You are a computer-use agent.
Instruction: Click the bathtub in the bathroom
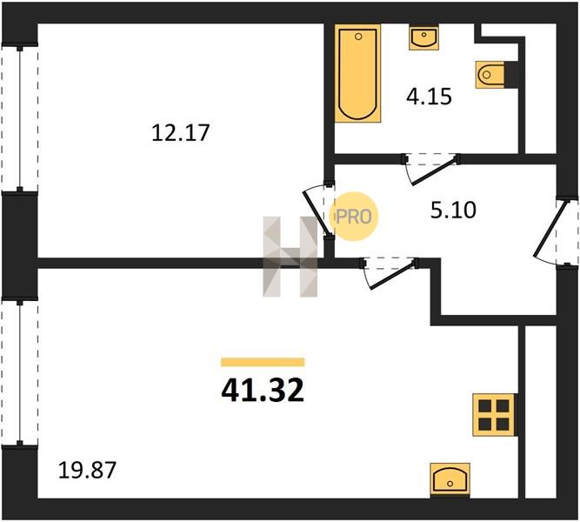coord(357,73)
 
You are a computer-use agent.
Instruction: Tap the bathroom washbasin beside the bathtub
coord(423,37)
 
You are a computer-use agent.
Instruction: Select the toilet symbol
coord(490,75)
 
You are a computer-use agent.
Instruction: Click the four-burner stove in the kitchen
coord(494,415)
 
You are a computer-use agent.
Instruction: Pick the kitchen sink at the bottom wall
coord(450,479)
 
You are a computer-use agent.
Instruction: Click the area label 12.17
coord(181,133)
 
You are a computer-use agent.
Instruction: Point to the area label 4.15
coord(429,97)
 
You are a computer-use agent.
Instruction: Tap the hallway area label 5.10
coord(453,210)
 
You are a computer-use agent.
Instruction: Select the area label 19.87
coord(87,470)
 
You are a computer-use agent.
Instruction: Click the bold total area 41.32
coord(263,391)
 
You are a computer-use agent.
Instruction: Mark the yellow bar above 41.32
coord(263,362)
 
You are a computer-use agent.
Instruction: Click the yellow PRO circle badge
coord(354,217)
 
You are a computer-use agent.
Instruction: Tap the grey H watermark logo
coord(290,257)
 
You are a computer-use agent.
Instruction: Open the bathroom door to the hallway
coord(431,169)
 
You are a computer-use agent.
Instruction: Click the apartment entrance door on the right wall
coord(555,232)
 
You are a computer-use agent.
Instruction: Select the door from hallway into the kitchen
coord(390,273)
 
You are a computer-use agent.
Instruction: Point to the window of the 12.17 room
coord(20,118)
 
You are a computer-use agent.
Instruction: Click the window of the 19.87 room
coord(20,372)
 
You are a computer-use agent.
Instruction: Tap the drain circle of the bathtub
coord(358,37)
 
